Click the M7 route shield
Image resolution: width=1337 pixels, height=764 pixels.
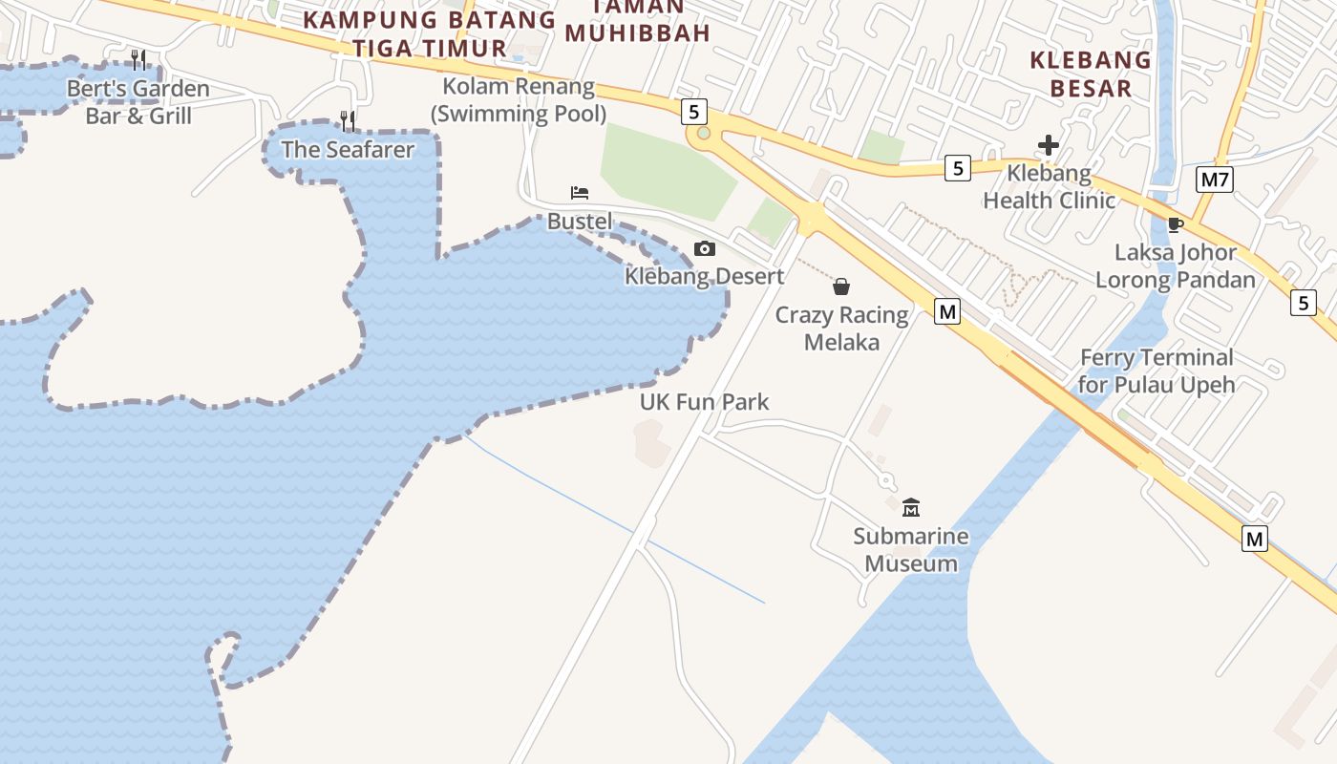coord(1214,179)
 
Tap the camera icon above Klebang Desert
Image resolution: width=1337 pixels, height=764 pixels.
coord(704,249)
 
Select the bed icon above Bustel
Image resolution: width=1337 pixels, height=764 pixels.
coord(580,193)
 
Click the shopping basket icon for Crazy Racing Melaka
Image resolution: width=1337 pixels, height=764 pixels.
coord(841,286)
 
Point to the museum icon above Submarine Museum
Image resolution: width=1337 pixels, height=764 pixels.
coord(910,507)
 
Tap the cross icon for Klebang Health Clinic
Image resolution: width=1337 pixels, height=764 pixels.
coord(1049,146)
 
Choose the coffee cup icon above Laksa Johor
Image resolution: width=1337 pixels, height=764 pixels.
coord(1175,225)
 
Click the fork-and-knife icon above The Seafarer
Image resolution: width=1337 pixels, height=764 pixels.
coord(348,120)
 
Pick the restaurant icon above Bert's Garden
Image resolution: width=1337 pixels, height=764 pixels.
coord(138,60)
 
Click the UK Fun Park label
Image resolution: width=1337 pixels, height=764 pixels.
coord(704,402)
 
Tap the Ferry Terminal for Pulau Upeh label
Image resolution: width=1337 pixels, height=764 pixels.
coord(1157,371)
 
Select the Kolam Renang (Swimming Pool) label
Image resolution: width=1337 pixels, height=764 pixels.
coord(519,100)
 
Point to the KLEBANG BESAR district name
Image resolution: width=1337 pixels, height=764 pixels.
coord(1090,74)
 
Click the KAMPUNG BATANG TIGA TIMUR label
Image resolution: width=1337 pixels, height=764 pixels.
coord(429,33)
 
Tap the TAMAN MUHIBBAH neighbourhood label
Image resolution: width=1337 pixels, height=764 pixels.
coord(637,21)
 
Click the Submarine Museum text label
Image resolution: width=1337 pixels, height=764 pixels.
coord(911,550)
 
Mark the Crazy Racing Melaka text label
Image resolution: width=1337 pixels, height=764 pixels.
coord(841,329)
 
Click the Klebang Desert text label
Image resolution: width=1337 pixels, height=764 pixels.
coord(704,277)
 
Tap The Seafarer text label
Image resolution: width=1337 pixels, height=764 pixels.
coord(348,150)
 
